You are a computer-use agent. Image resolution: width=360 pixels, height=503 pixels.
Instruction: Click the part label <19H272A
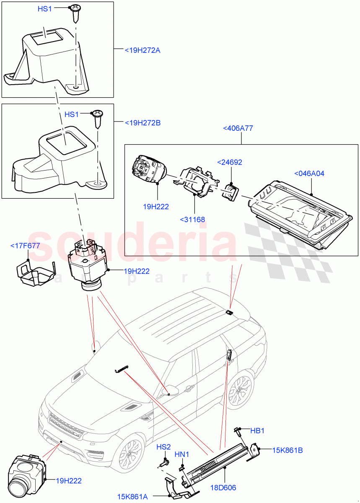coord(142,50)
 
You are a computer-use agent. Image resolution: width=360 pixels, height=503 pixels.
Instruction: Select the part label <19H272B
coord(142,123)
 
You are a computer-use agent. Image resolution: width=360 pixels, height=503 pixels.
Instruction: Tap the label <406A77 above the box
coord(238,128)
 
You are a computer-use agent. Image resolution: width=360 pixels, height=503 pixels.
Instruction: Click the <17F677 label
coord(25,246)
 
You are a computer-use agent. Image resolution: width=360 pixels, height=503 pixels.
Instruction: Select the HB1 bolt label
coord(257,430)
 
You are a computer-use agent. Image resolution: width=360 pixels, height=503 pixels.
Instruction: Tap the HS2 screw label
coord(164,447)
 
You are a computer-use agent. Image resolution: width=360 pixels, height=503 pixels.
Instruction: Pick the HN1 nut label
coord(182,454)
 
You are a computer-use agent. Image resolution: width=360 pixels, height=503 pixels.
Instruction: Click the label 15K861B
coord(287,451)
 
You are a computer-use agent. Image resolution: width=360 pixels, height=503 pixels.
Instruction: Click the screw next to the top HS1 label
coord(75,10)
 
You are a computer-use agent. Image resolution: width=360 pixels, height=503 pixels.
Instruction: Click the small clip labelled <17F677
coord(37,275)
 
